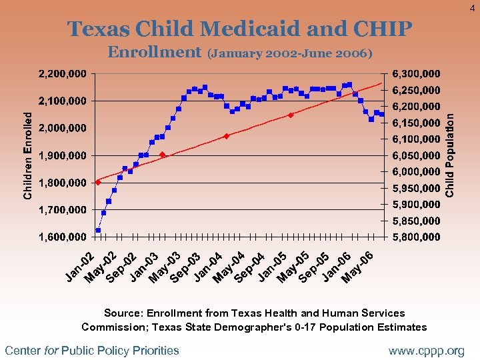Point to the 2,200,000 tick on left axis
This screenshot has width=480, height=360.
[x=62, y=73]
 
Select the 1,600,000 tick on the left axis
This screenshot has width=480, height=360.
[x=62, y=237]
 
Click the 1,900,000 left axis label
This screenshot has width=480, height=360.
[x=62, y=155]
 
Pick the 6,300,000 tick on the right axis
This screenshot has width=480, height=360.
[x=415, y=73]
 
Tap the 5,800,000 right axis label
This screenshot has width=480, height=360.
[x=415, y=237]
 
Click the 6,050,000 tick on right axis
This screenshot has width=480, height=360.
[x=415, y=155]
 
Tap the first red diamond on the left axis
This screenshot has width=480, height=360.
[x=98, y=182]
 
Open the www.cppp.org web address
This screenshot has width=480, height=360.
[x=427, y=351]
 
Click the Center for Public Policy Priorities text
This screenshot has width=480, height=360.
[x=92, y=351]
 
